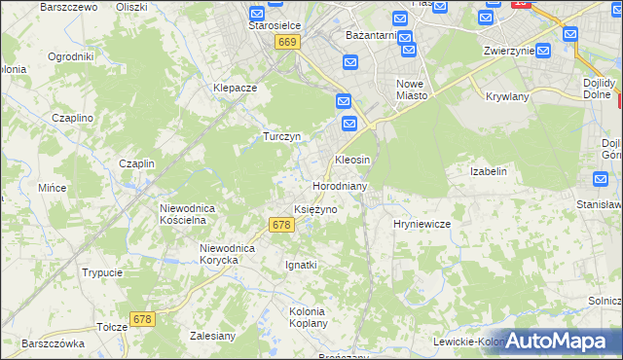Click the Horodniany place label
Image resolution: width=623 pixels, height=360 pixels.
pyautogui.click(x=340, y=186)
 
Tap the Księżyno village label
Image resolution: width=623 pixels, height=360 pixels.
pyautogui.click(x=315, y=210)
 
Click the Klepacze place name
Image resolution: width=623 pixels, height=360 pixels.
pyautogui.click(x=235, y=88)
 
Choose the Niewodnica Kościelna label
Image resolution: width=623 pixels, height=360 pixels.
pyautogui.click(x=193, y=214)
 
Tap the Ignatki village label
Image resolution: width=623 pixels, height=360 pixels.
pyautogui.click(x=301, y=265)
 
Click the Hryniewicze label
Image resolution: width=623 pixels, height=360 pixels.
pyautogui.click(x=421, y=224)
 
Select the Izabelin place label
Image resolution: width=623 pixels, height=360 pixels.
pyautogui.click(x=489, y=171)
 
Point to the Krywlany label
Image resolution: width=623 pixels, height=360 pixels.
pyautogui.click(x=505, y=97)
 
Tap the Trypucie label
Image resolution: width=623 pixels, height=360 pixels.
pyautogui.click(x=102, y=273)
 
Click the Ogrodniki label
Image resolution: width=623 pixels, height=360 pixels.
pyautogui.click(x=70, y=56)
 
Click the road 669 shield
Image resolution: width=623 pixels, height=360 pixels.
pyautogui.click(x=286, y=43)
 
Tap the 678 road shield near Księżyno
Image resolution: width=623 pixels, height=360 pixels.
pyautogui.click(x=280, y=225)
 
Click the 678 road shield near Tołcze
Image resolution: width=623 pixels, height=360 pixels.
pyautogui.click(x=143, y=319)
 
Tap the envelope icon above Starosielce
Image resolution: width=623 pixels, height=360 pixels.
pyautogui.click(x=256, y=15)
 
